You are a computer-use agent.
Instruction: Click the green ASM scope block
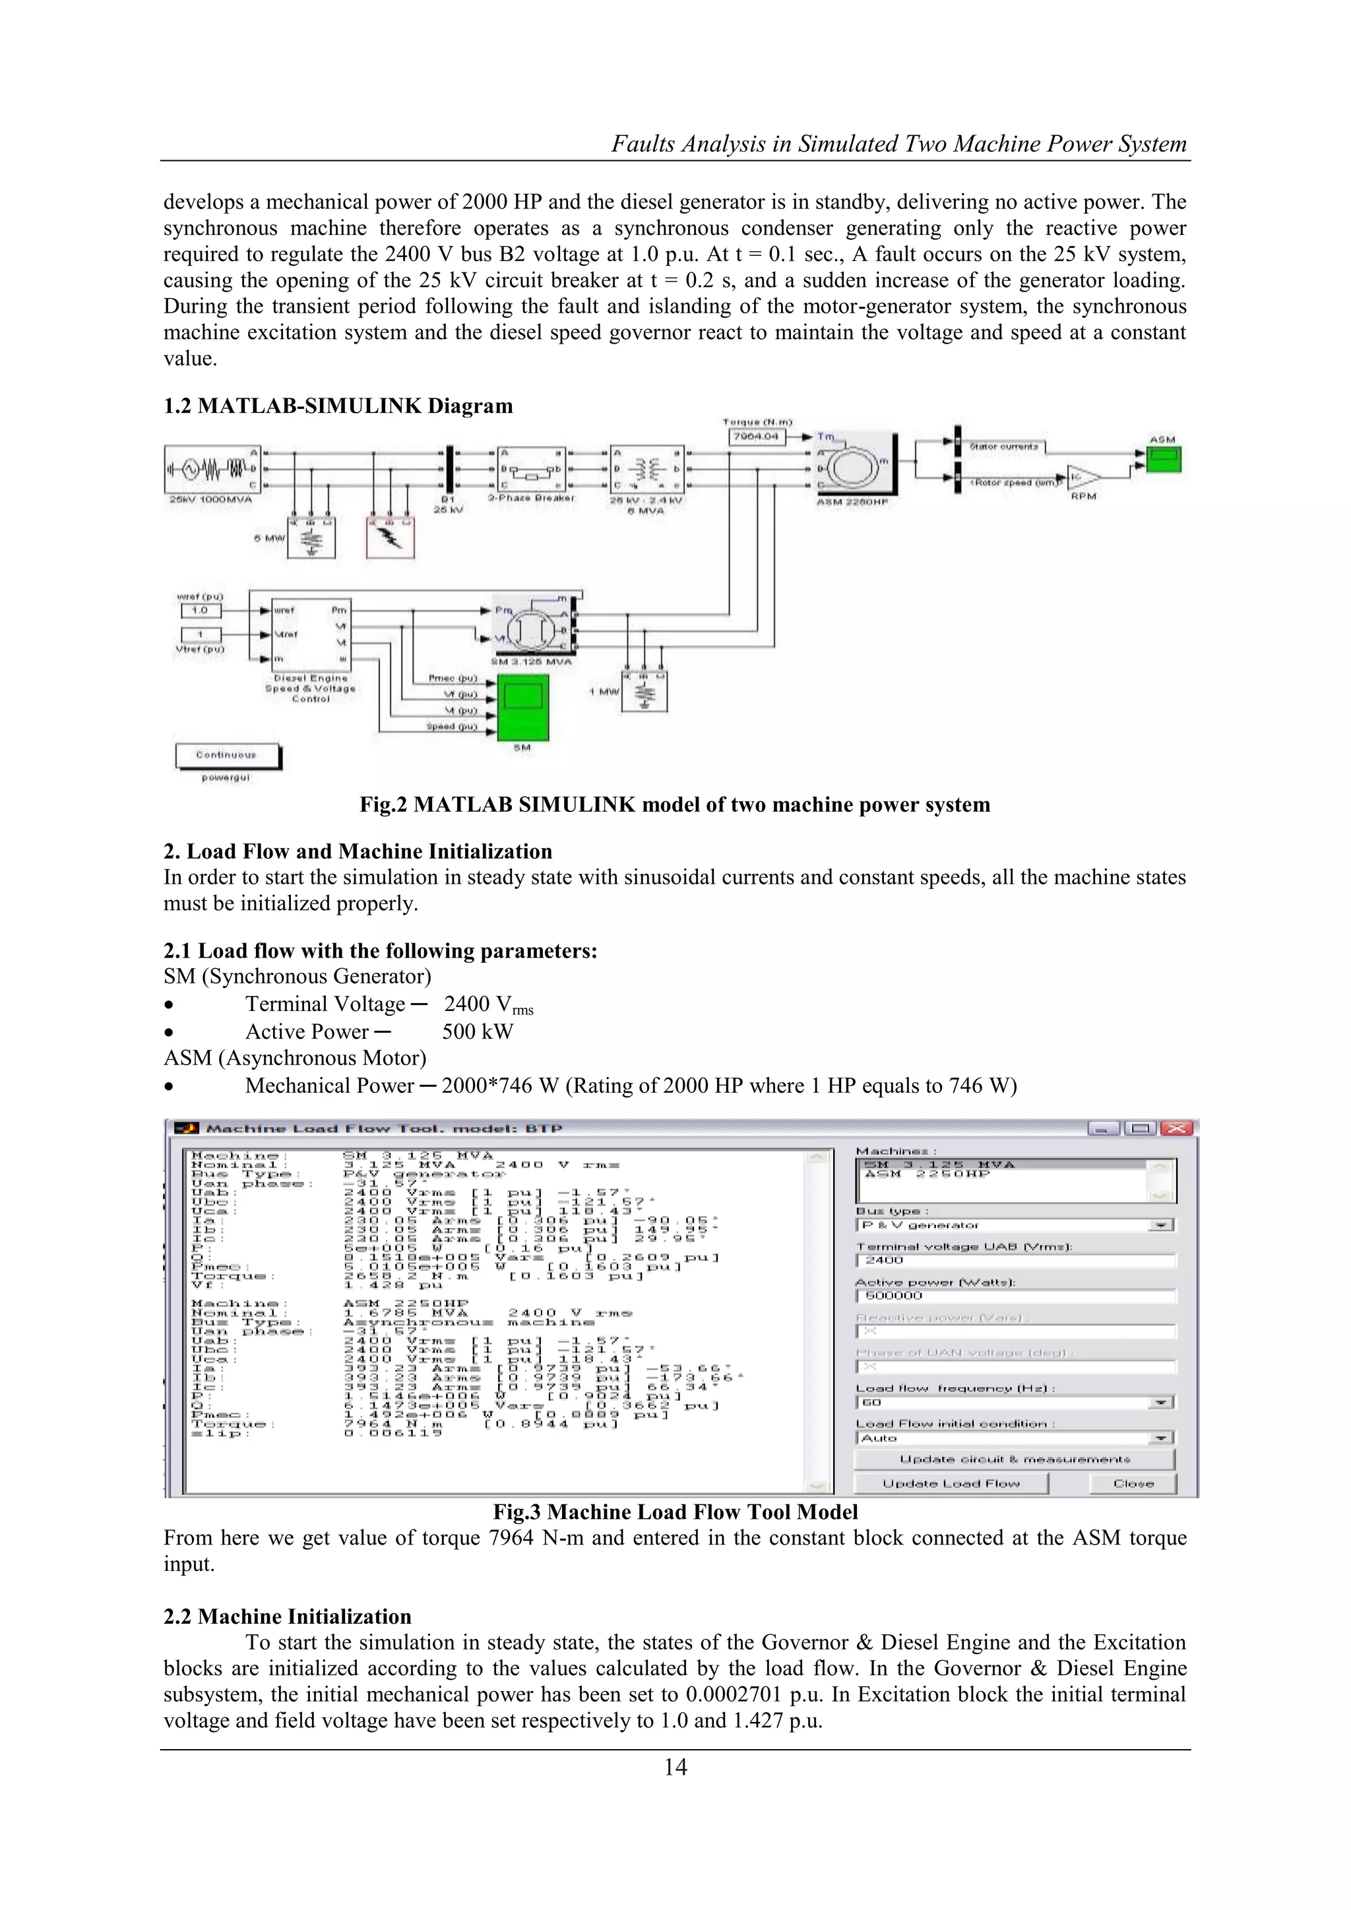[1164, 459]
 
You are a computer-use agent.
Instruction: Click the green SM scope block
[522, 708]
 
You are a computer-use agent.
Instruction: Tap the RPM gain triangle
[1083, 477]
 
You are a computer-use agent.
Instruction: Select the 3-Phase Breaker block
[532, 468]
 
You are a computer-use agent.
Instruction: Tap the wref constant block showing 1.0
[201, 611]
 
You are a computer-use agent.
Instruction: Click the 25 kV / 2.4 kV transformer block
[646, 468]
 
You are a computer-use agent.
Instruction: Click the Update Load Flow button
[951, 1483]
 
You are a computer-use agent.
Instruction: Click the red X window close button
[1176, 1129]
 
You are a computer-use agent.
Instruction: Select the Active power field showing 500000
[1015, 1295]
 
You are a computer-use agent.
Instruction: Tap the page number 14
[675, 1768]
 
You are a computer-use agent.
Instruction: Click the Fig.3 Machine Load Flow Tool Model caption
[675, 1512]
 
